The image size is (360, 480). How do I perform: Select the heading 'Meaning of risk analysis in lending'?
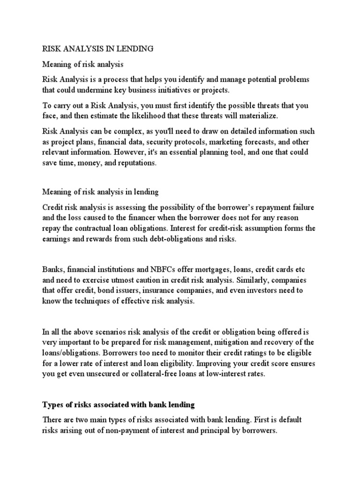click(101, 192)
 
